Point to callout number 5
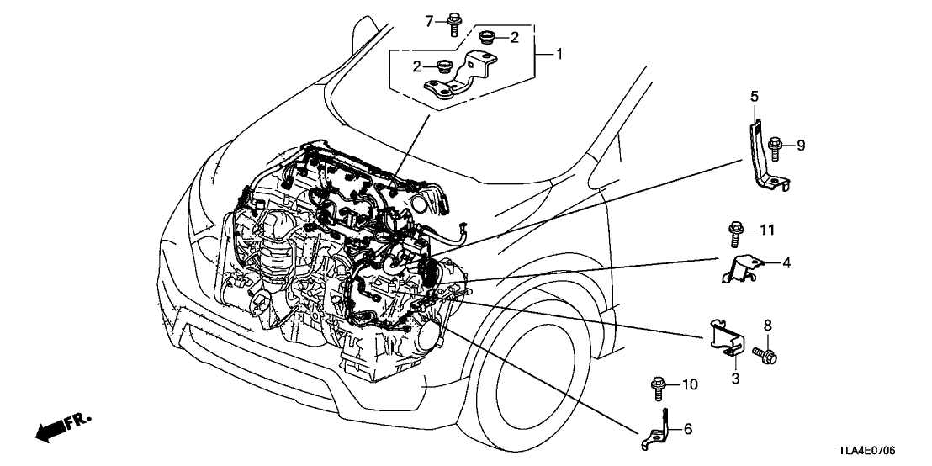coord(755,98)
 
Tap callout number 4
coord(786,263)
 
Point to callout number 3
coord(734,379)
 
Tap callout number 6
coord(687,429)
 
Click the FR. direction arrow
coord(59,427)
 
